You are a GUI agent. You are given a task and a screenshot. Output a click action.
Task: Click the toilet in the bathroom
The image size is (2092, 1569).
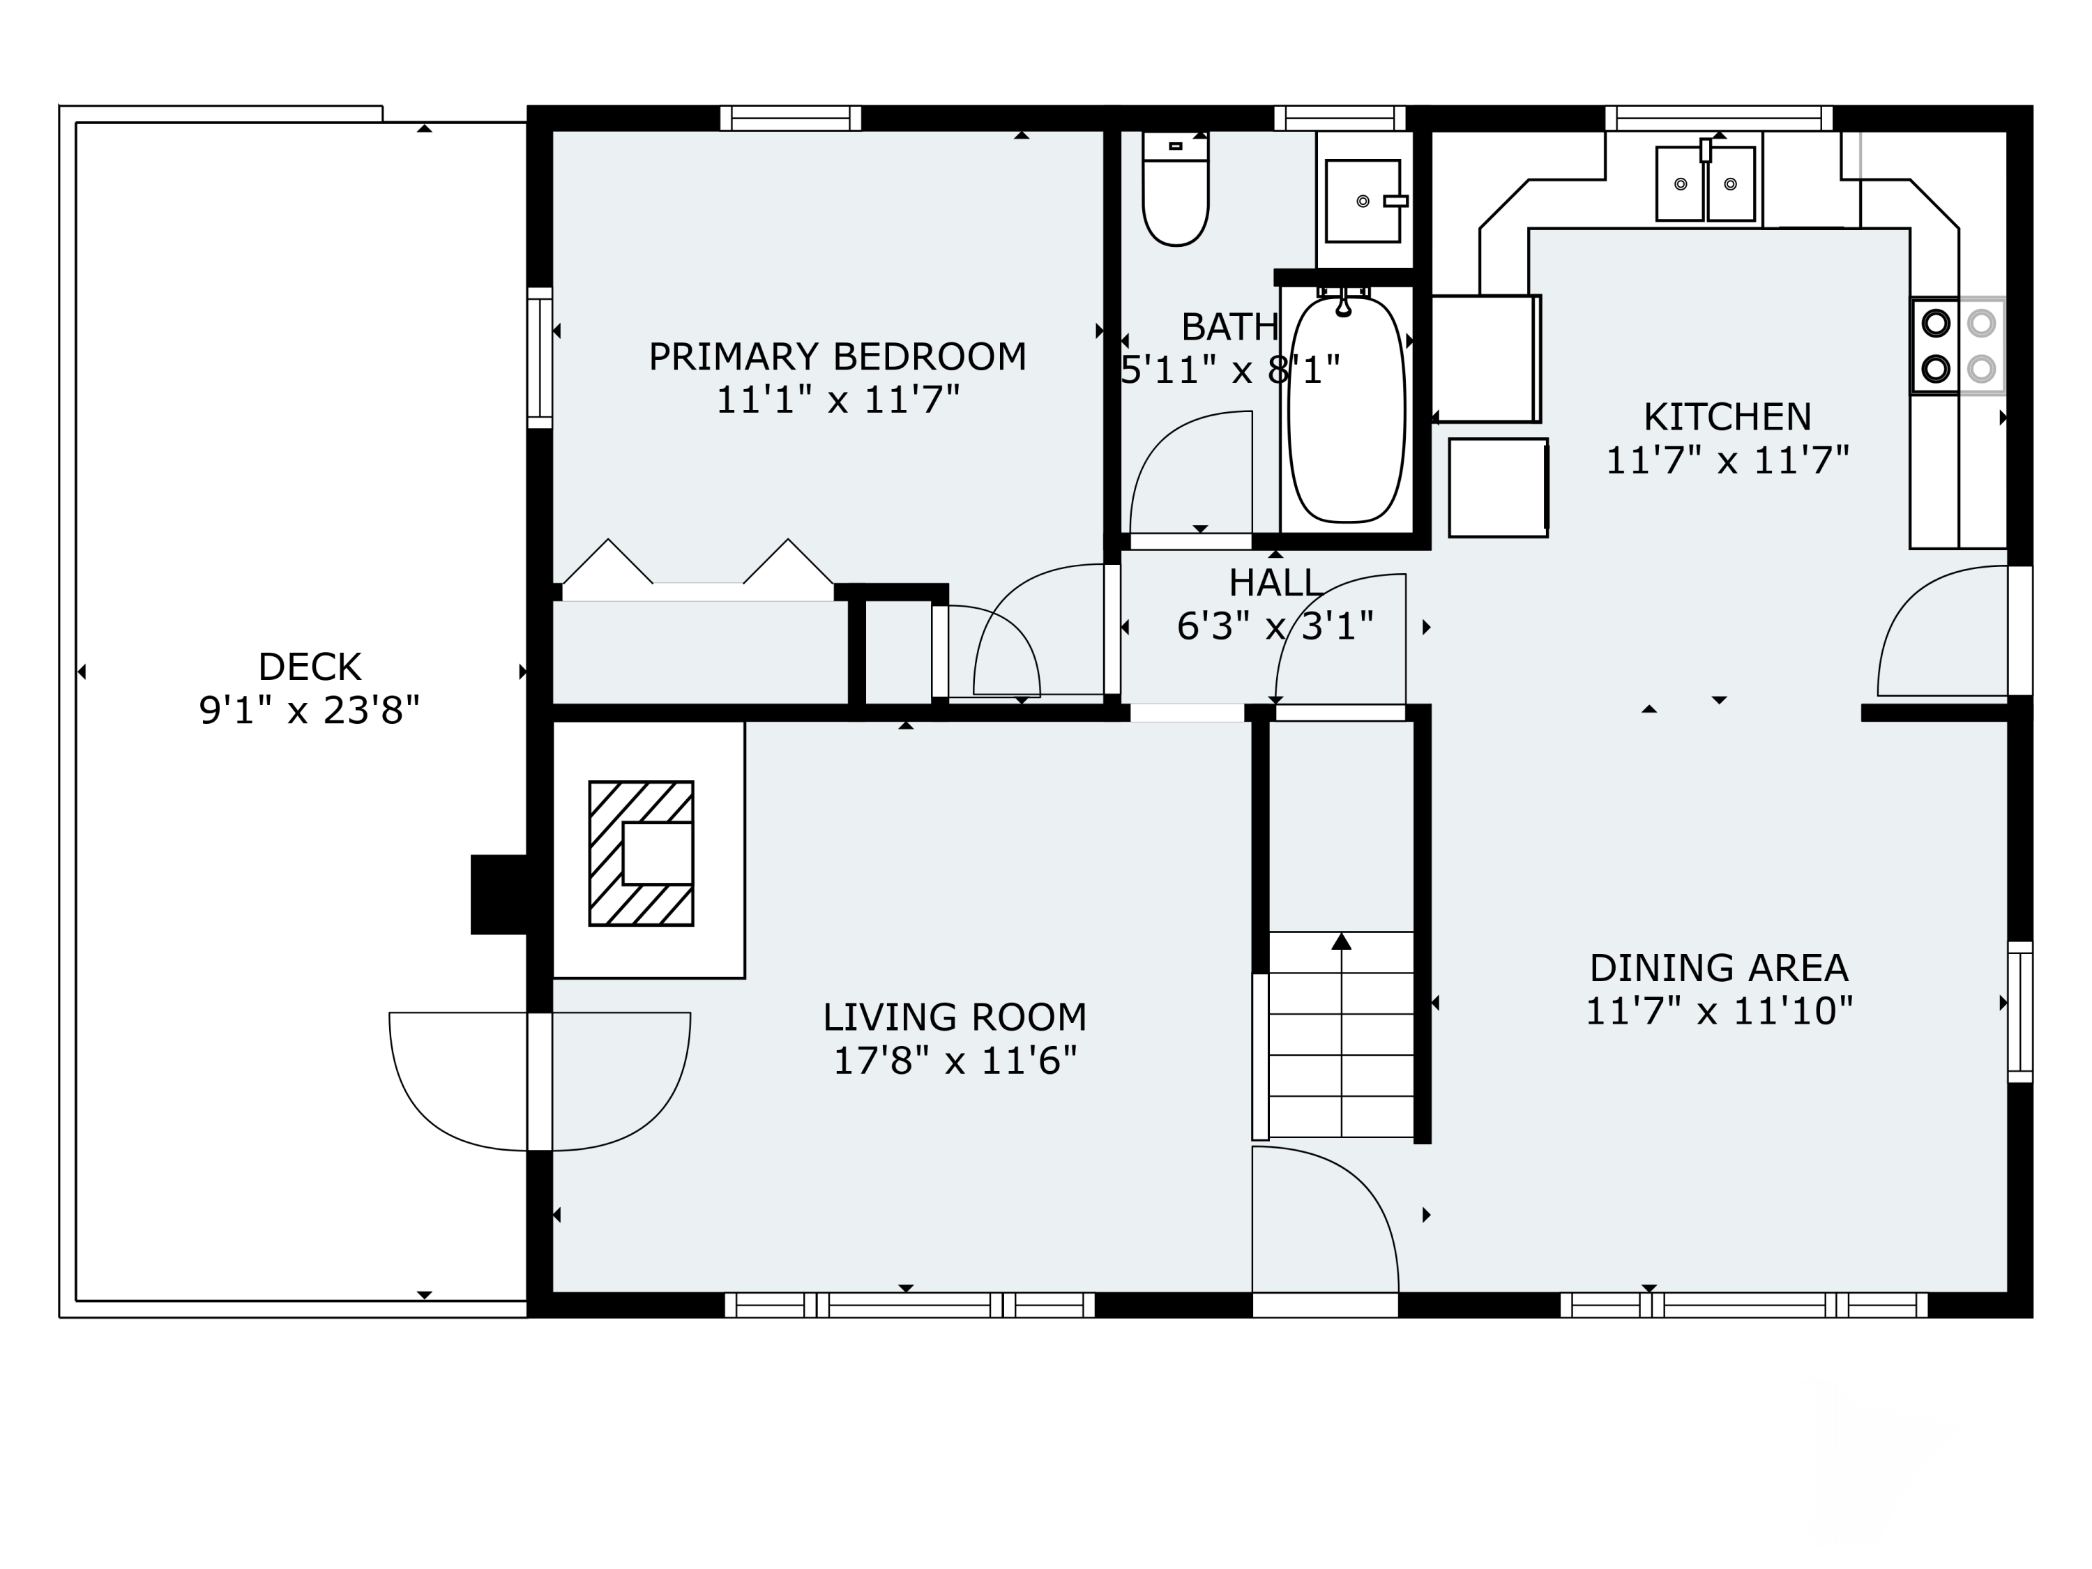click(1176, 189)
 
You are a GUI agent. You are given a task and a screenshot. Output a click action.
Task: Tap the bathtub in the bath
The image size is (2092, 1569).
click(1347, 409)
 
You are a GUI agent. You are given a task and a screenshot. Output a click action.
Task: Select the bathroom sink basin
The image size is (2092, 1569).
click(1363, 201)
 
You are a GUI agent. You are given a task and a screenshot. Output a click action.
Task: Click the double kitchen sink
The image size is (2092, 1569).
click(1705, 183)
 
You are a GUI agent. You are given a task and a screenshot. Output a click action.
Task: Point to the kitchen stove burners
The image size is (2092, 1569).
click(1957, 345)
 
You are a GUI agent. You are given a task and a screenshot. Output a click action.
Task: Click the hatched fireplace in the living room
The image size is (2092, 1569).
click(642, 853)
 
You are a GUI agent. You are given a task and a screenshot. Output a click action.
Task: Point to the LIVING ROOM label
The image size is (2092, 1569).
click(954, 1017)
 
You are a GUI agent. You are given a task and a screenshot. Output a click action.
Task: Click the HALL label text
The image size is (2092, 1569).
click(1274, 582)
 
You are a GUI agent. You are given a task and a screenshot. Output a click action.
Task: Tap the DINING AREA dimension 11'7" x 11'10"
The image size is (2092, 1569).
click(1718, 1011)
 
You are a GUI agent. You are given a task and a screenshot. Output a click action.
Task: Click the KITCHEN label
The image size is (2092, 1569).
click(1727, 416)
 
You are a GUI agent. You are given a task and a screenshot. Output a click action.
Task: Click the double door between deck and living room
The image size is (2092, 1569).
click(540, 1081)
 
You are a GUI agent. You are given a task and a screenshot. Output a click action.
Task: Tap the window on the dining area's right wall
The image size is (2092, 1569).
click(2019, 1012)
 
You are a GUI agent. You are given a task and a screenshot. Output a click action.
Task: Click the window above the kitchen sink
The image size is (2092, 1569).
click(1718, 119)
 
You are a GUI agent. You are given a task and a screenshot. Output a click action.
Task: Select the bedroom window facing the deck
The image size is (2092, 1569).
click(539, 358)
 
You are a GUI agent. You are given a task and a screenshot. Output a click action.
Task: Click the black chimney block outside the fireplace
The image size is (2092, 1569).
click(499, 894)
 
